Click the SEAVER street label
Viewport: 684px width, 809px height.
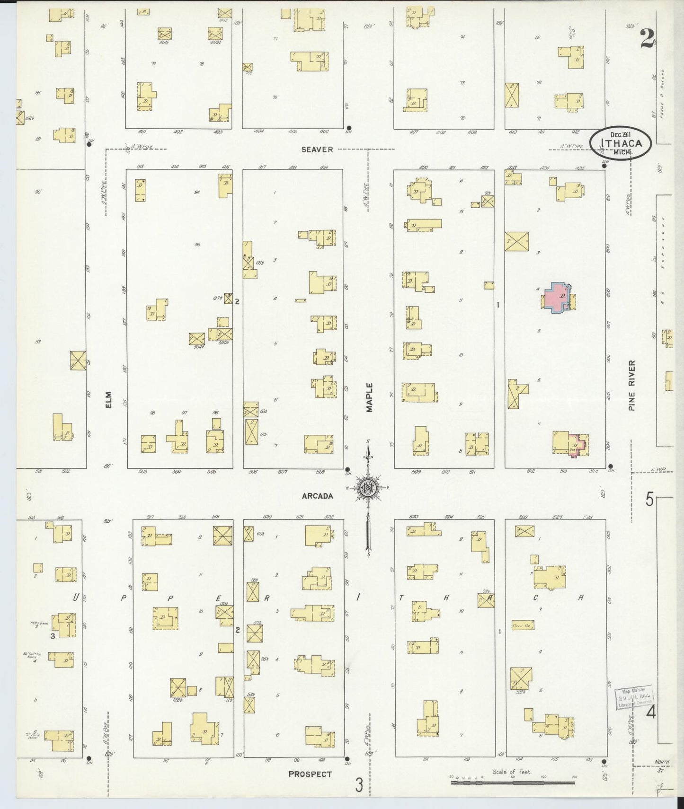pyautogui.click(x=317, y=149)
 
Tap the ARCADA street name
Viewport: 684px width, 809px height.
pyautogui.click(x=318, y=496)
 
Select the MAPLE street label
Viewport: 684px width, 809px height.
pyautogui.click(x=369, y=397)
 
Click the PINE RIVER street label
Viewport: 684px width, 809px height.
pyautogui.click(x=632, y=385)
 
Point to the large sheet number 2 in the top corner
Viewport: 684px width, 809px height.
pyautogui.click(x=648, y=39)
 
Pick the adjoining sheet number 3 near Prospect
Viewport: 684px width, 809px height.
pyautogui.click(x=359, y=785)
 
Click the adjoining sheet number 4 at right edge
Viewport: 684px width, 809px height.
pyautogui.click(x=651, y=712)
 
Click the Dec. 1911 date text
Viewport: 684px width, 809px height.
pyautogui.click(x=621, y=134)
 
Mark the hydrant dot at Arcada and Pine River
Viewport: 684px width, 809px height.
pyautogui.click(x=610, y=466)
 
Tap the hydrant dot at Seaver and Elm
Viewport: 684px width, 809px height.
pyautogui.click(x=89, y=145)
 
